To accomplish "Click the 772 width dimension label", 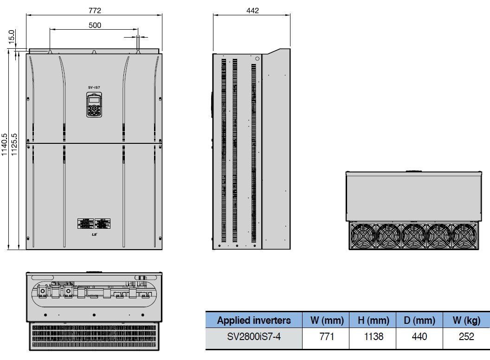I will pyautogui.click(x=94, y=10).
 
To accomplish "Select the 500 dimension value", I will pyautogui.click(x=94, y=25).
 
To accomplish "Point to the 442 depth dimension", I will pyautogui.click(x=252, y=10).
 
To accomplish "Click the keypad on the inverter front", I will pyautogui.click(x=94, y=105).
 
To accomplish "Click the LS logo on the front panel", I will pyautogui.click(x=94, y=235).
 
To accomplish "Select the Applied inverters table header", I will pyautogui.click(x=254, y=320).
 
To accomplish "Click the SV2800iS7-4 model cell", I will pyautogui.click(x=254, y=336).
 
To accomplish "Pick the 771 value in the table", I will pyautogui.click(x=327, y=336).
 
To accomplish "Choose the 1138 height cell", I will pyautogui.click(x=374, y=336).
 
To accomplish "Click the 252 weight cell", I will pyautogui.click(x=466, y=336).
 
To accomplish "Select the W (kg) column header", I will pyautogui.click(x=466, y=320).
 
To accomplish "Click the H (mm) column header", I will pyautogui.click(x=374, y=320).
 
